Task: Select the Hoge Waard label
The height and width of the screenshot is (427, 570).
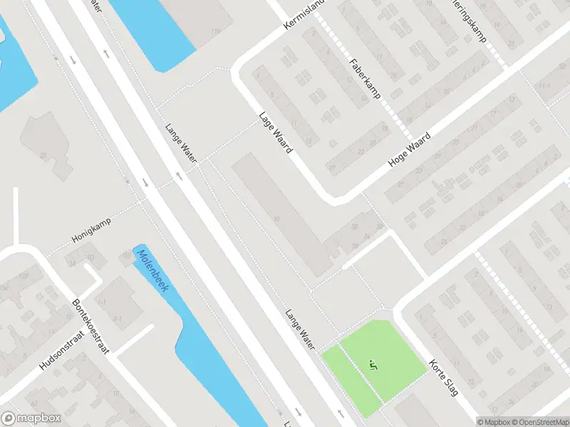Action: pos(410,149)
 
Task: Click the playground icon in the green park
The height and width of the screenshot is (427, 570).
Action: pos(371,365)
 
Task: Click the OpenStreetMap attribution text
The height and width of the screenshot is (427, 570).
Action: pos(538,421)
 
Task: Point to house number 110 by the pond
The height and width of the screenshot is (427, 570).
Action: pos(215,32)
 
